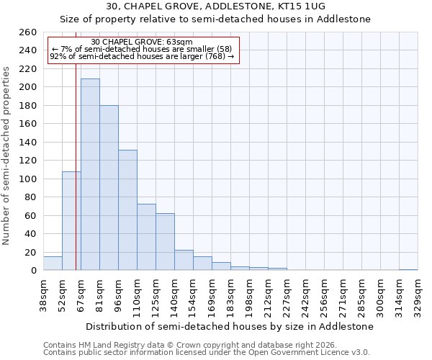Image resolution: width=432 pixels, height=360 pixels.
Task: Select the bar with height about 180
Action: point(109,187)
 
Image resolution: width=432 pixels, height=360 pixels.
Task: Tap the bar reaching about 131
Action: point(127,210)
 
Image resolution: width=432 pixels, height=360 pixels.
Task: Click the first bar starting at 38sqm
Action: point(53,264)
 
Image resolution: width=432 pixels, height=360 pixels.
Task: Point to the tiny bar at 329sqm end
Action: point(408,269)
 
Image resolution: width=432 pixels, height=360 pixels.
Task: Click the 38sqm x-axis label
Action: point(43,295)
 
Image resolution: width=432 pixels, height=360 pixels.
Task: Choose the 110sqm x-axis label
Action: point(137,295)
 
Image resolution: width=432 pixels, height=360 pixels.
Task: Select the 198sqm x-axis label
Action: point(249,295)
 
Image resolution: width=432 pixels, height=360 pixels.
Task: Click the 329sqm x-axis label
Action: point(418,295)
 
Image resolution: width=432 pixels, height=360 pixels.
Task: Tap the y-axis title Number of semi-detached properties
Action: point(7,156)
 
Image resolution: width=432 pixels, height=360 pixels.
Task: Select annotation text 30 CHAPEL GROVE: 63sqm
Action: point(142,42)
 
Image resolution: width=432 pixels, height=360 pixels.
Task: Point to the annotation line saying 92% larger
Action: point(142,56)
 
